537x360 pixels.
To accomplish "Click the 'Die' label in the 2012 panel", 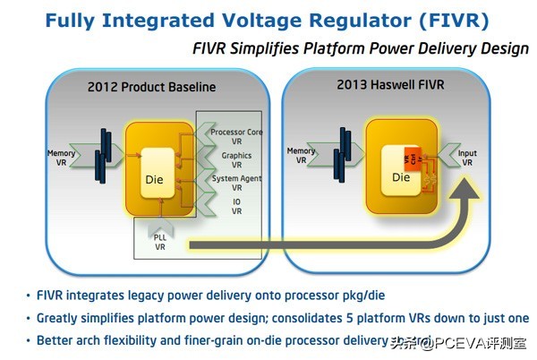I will [x=155, y=179].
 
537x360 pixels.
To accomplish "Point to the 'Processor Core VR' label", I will [x=235, y=137].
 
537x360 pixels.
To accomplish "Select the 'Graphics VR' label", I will [x=236, y=159].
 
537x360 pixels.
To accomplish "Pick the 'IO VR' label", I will [x=236, y=207].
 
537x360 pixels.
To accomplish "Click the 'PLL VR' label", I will [x=158, y=242].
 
